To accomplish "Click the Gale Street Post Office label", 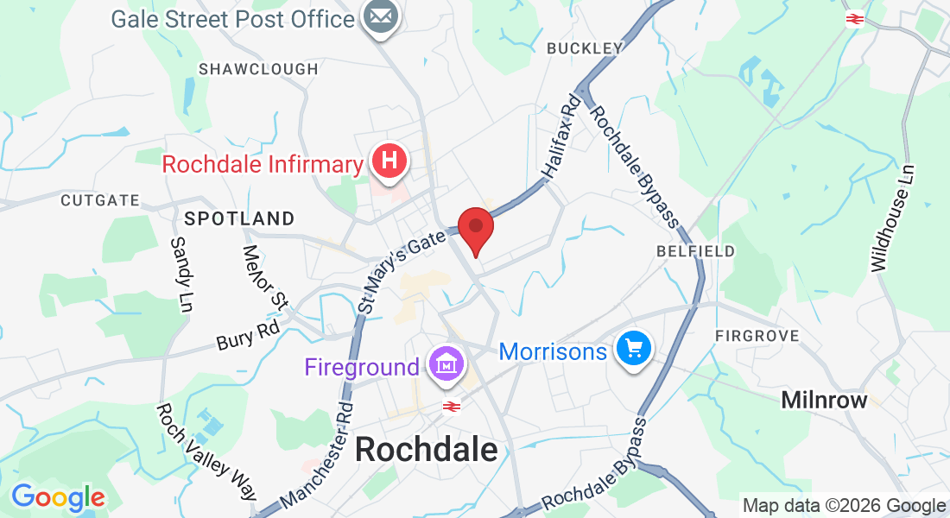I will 233,18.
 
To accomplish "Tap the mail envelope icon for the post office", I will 379,16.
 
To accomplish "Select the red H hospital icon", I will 389,161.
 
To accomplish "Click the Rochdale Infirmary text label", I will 263,164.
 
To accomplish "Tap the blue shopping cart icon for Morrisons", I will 634,349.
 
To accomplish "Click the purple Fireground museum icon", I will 446,365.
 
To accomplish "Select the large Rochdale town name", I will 427,450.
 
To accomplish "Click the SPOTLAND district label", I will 239,218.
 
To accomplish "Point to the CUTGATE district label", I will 99,200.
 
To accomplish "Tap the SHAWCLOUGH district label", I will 247,68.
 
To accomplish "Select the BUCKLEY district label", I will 585,48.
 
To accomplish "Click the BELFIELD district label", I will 695,251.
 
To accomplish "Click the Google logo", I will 58,496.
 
